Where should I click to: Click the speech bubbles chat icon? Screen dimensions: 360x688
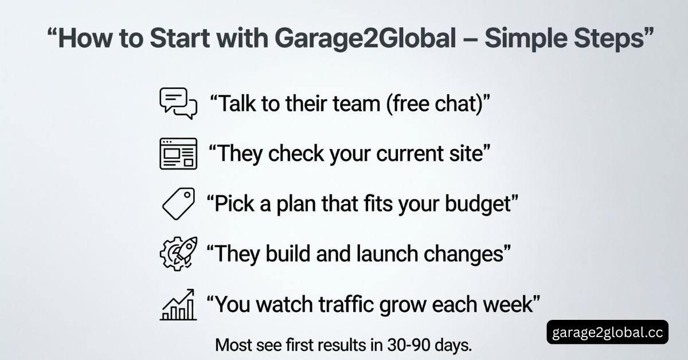click(x=178, y=104)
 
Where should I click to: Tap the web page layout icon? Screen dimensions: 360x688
click(x=178, y=154)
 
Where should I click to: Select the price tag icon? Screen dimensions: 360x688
click(x=178, y=203)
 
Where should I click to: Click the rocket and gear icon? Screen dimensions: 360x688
click(x=178, y=253)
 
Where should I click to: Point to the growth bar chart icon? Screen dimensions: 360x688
click(x=178, y=304)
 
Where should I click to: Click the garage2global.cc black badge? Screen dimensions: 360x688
click(x=607, y=332)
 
